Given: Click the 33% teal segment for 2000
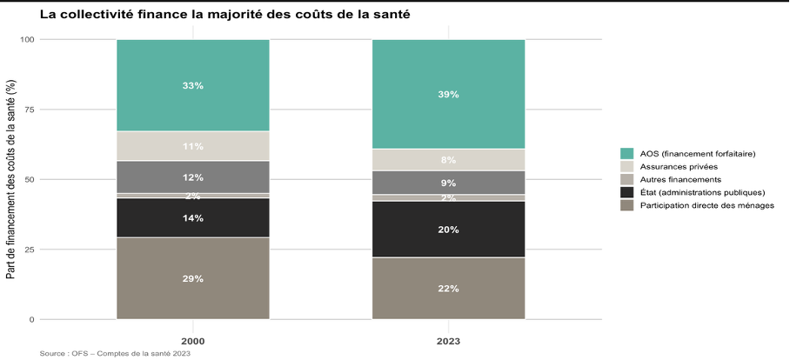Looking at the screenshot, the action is point(193,85).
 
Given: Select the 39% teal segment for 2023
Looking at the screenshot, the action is point(448,94).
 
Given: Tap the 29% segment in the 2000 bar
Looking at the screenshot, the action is point(193,278).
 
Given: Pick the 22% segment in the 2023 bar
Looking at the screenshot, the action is point(448,289).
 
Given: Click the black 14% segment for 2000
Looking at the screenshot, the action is point(193,217).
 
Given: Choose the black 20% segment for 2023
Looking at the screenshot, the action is point(448,230).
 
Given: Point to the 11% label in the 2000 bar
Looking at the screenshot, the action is point(193,146).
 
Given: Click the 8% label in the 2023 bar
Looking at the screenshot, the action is point(448,160).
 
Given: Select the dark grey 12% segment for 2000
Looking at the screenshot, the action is point(193,177).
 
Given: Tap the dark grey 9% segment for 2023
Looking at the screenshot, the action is point(448,183).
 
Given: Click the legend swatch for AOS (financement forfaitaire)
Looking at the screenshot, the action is point(626,154).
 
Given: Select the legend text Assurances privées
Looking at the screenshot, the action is point(672,167).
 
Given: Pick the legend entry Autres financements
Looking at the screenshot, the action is point(673,180).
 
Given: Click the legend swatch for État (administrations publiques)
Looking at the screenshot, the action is point(626,192).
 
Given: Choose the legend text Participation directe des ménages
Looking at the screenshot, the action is point(706,205).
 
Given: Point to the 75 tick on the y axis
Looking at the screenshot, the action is point(30,110).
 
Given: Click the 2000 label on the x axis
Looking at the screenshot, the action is point(193,342).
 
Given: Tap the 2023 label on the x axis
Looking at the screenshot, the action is point(448,342).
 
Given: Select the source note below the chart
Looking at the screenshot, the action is point(115,354).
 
